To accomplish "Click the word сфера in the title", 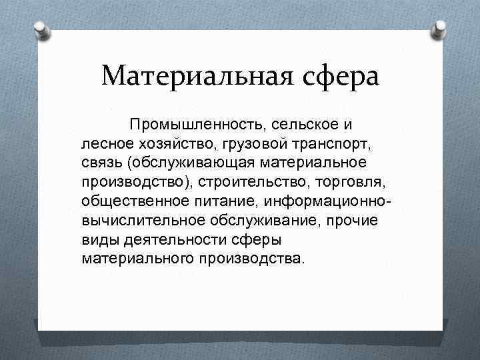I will (x=339, y=75).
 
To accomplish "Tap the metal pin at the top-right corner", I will (x=440, y=29).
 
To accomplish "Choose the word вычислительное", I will (x=139, y=219).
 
